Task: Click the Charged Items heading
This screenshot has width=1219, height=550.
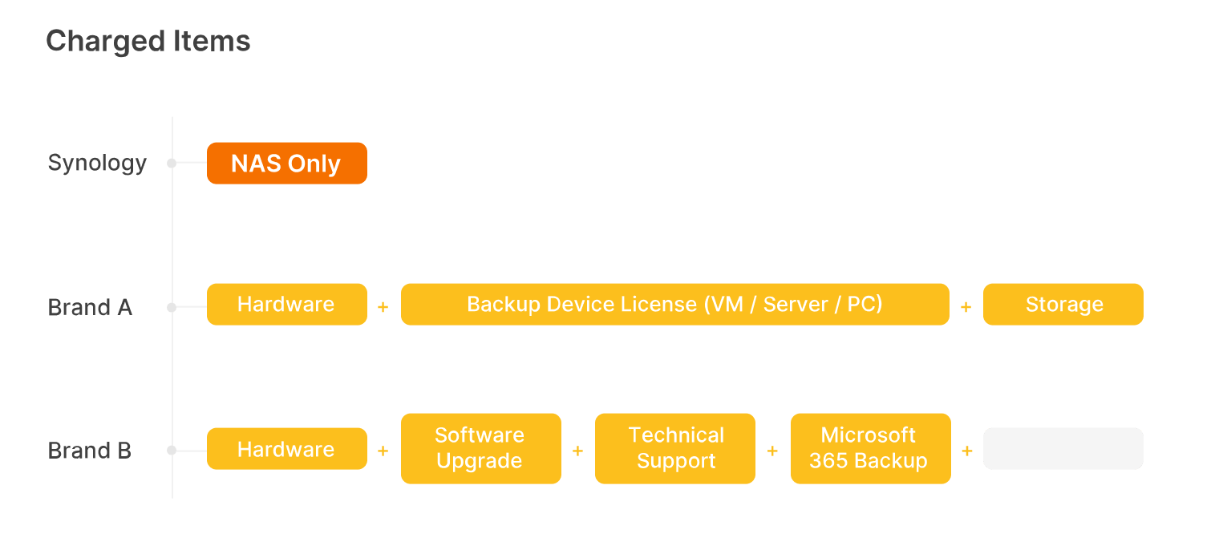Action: click(148, 41)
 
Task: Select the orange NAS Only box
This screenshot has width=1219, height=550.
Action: click(286, 164)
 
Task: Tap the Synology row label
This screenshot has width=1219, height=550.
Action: click(97, 163)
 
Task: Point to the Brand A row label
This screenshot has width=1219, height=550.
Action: click(90, 307)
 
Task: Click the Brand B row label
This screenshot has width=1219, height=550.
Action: click(90, 451)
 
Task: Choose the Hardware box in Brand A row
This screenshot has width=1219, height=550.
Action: click(286, 305)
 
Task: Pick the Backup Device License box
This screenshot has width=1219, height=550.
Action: click(674, 305)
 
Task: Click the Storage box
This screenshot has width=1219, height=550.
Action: click(1063, 305)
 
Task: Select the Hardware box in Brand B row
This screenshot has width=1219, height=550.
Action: click(286, 449)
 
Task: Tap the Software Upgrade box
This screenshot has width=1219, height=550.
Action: click(480, 448)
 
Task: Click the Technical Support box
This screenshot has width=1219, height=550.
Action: click(675, 448)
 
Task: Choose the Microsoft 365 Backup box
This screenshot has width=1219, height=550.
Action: click(870, 448)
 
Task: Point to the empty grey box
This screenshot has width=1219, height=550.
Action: click(1063, 449)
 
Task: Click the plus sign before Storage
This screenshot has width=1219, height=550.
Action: click(966, 307)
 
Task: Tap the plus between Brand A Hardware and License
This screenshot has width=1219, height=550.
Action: click(383, 307)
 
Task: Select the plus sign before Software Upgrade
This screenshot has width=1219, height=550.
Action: click(383, 451)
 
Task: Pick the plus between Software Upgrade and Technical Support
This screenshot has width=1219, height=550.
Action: click(577, 451)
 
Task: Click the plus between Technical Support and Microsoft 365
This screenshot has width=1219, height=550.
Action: click(772, 451)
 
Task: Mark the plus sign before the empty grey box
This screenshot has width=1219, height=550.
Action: click(966, 451)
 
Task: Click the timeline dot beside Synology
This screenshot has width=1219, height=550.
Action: click(172, 163)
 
